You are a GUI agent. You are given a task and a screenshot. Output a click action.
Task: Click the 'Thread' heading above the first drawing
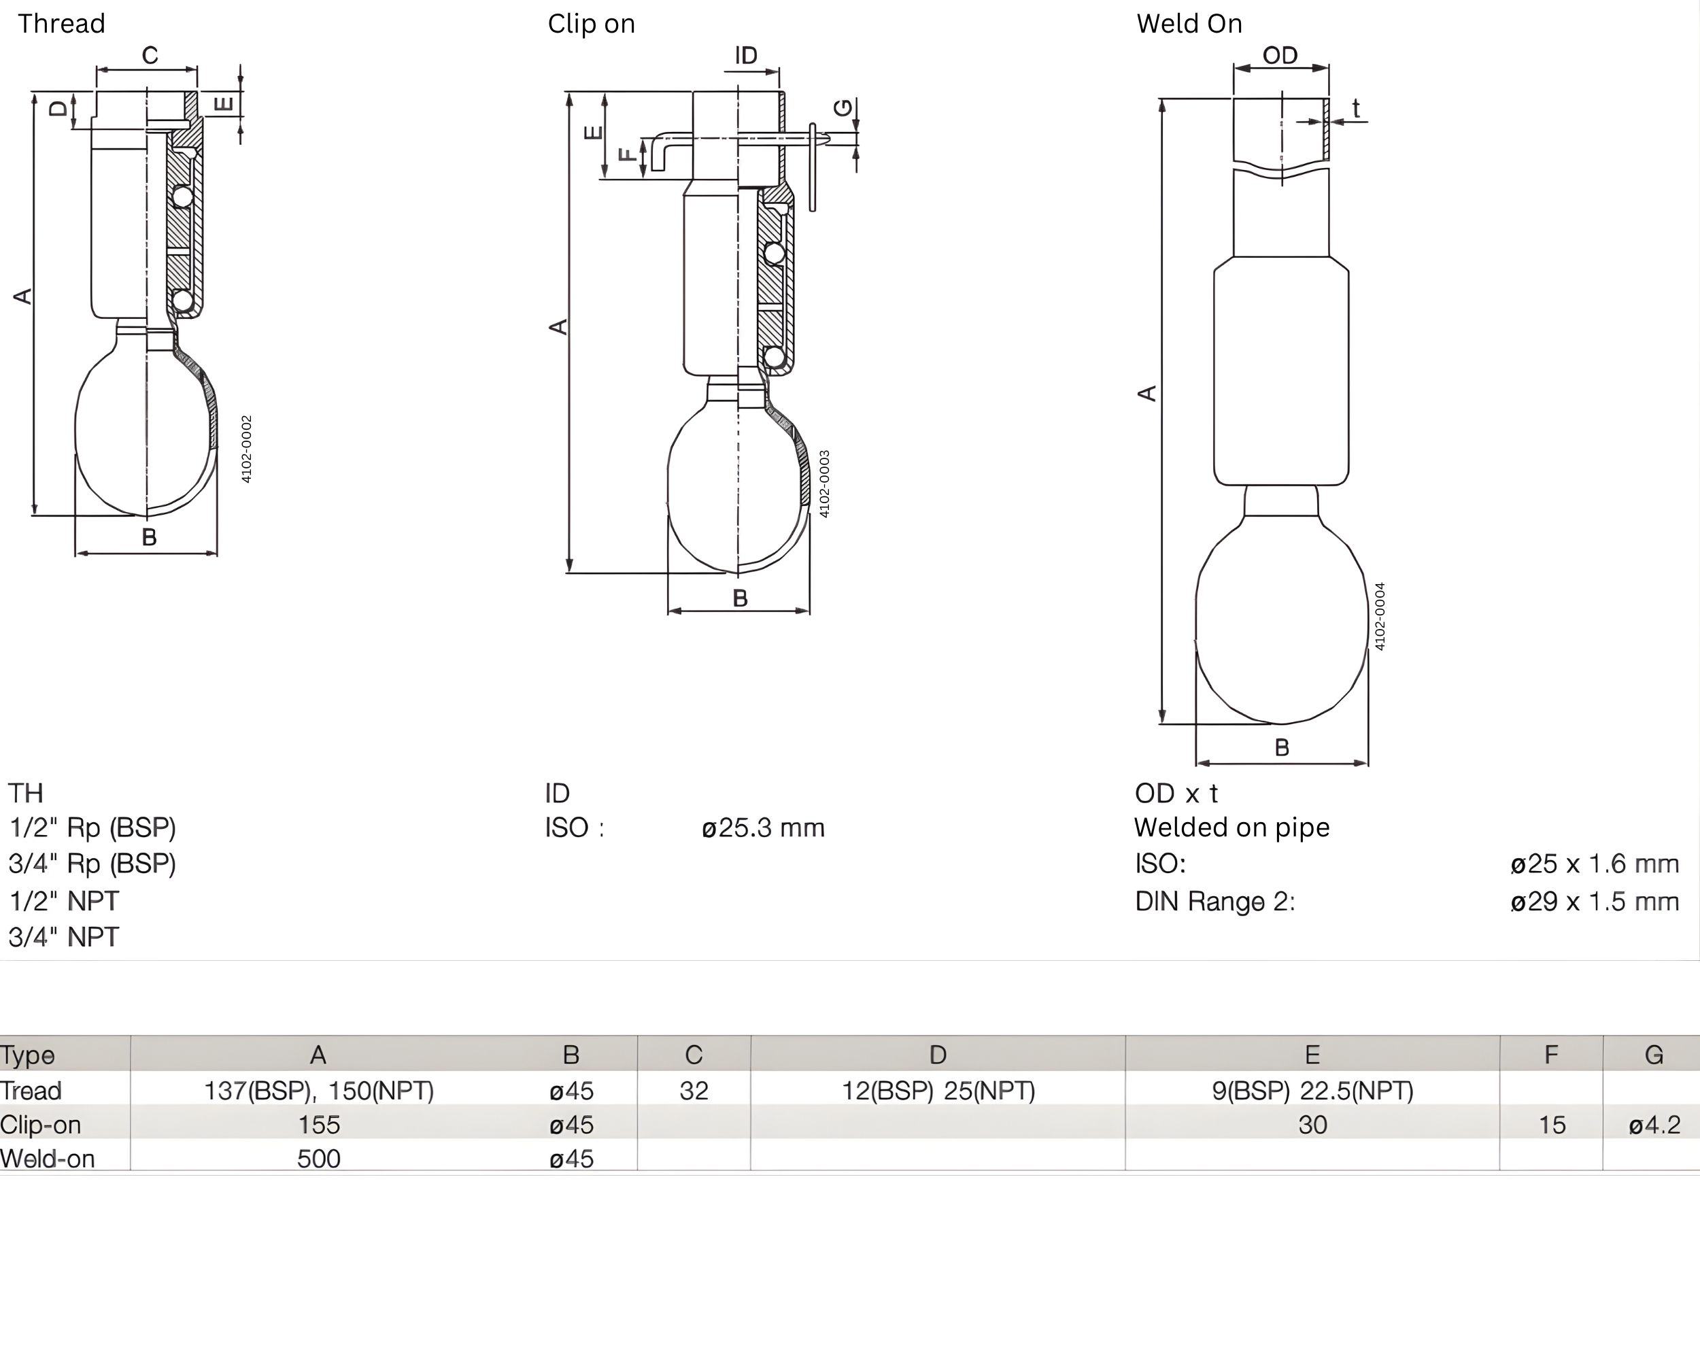tap(61, 24)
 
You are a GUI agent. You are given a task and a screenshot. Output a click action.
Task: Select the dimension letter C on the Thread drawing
tap(150, 55)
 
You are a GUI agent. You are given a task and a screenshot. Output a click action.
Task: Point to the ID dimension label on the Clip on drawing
tap(745, 55)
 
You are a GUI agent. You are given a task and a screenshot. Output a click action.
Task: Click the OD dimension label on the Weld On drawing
tap(1279, 55)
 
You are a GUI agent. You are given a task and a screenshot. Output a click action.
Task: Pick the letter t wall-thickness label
tap(1355, 108)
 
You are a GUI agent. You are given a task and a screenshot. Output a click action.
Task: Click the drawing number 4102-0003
tap(824, 484)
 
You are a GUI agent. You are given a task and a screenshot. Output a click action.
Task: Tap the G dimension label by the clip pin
tap(843, 107)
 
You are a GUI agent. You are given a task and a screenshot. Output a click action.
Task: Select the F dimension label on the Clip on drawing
tap(627, 154)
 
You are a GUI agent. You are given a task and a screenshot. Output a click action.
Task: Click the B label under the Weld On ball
tap(1281, 747)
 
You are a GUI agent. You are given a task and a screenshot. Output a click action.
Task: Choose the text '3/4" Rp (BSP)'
tap(92, 864)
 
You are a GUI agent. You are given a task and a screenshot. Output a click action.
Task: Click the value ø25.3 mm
tap(762, 828)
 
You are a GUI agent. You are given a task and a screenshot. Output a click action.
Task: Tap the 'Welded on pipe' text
tap(1231, 827)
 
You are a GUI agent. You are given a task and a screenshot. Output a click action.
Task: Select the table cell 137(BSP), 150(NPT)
tap(318, 1090)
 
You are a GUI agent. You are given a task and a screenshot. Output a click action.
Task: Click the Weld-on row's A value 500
tap(318, 1158)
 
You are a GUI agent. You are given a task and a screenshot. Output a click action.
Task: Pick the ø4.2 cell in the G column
tap(1654, 1124)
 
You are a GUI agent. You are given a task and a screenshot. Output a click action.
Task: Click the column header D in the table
tap(937, 1054)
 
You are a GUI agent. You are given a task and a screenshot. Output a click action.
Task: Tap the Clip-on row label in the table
tap(41, 1124)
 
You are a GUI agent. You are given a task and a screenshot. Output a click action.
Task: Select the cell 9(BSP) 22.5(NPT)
tap(1312, 1090)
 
